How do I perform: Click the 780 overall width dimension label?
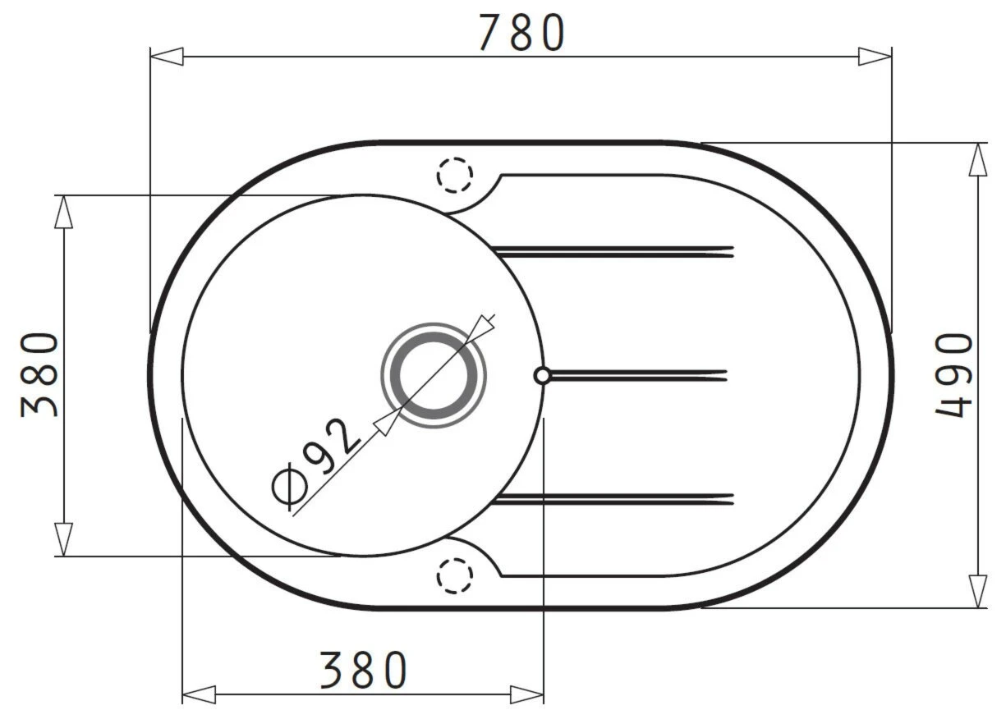(521, 33)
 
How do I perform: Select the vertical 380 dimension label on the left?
(39, 375)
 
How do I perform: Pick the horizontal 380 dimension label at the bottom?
(363, 670)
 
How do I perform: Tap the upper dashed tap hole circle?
(454, 175)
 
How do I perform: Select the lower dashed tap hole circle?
(454, 576)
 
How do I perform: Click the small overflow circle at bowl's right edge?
(542, 376)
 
